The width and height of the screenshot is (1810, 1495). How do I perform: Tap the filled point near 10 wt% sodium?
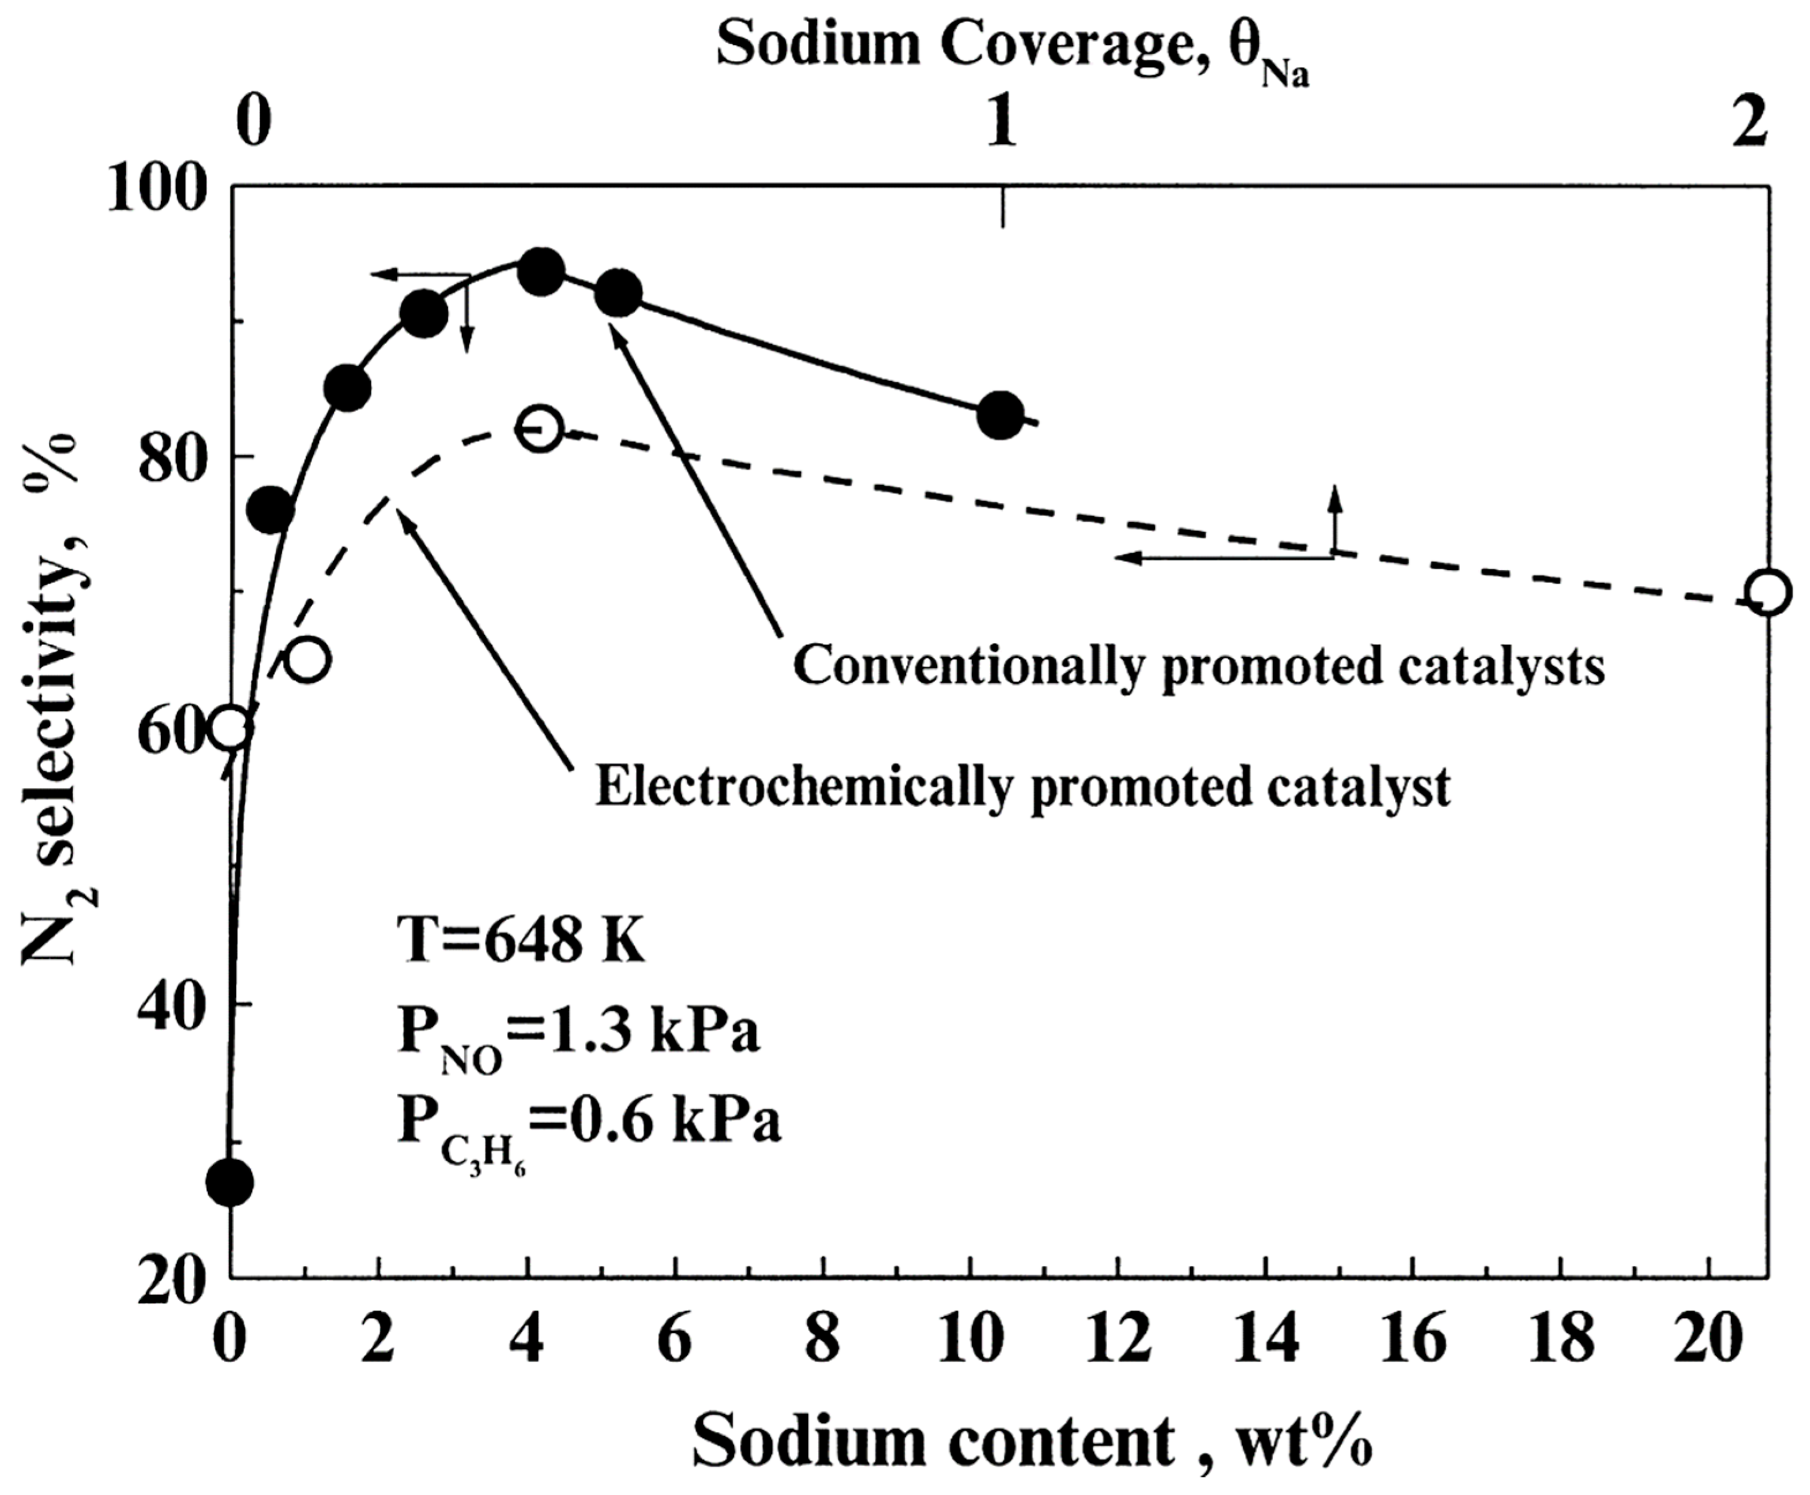(x=1000, y=415)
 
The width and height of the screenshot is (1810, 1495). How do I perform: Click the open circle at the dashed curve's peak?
(x=540, y=428)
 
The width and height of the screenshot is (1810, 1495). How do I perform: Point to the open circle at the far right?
(x=1768, y=592)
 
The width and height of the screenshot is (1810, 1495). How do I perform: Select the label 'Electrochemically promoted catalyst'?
(x=1023, y=786)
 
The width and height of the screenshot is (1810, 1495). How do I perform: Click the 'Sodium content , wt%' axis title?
(x=1032, y=1441)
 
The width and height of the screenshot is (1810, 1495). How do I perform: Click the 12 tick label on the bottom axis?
(x=1117, y=1342)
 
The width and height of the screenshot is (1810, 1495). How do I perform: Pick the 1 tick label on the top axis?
(x=1000, y=123)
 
